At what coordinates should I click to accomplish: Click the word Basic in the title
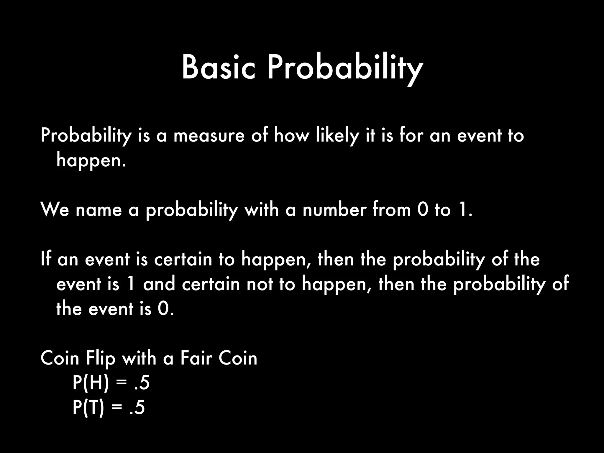click(x=218, y=68)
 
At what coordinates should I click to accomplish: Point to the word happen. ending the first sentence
click(x=91, y=161)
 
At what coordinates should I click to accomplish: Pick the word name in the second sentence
click(x=99, y=210)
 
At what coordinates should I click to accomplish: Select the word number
click(x=334, y=210)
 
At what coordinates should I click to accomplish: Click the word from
click(x=392, y=210)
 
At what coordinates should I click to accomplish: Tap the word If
click(x=46, y=260)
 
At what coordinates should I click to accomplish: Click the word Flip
click(x=100, y=359)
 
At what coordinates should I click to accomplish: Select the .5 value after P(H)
click(x=142, y=383)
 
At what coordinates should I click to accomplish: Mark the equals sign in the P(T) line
click(x=117, y=408)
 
